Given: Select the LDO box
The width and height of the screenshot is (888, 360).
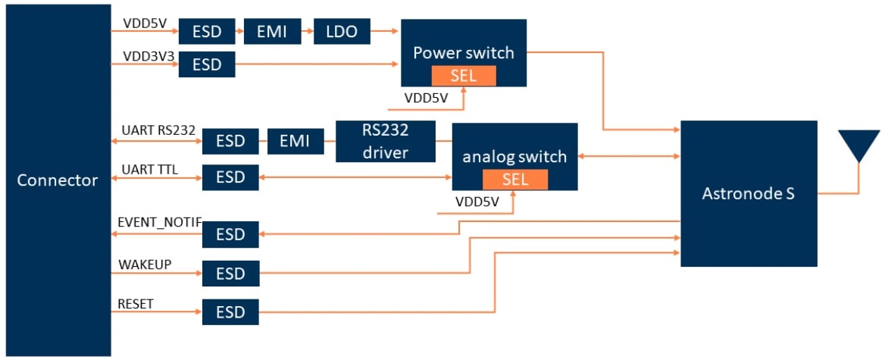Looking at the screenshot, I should click(342, 32).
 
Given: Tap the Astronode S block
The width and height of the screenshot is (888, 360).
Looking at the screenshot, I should click(749, 193).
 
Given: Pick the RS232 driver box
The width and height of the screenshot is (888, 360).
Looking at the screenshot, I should click(386, 141).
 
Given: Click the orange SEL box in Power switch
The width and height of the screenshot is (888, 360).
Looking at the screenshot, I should click(464, 76).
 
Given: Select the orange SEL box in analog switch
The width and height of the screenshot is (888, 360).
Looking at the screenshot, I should click(515, 180).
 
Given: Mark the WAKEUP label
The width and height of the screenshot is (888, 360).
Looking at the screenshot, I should click(144, 264).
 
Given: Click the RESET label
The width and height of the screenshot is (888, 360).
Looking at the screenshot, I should click(136, 304).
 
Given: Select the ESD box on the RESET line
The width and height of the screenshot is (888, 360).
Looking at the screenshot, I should click(230, 312).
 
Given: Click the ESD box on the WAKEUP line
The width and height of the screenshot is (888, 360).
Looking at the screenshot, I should click(230, 273).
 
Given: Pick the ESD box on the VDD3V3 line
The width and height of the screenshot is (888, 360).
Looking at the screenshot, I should click(207, 65).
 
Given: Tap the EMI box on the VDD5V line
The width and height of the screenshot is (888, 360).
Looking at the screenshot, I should click(273, 32).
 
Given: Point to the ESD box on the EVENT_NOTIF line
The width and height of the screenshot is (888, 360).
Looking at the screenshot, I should click(230, 234).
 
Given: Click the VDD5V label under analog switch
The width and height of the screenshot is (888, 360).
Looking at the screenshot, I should click(477, 202).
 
